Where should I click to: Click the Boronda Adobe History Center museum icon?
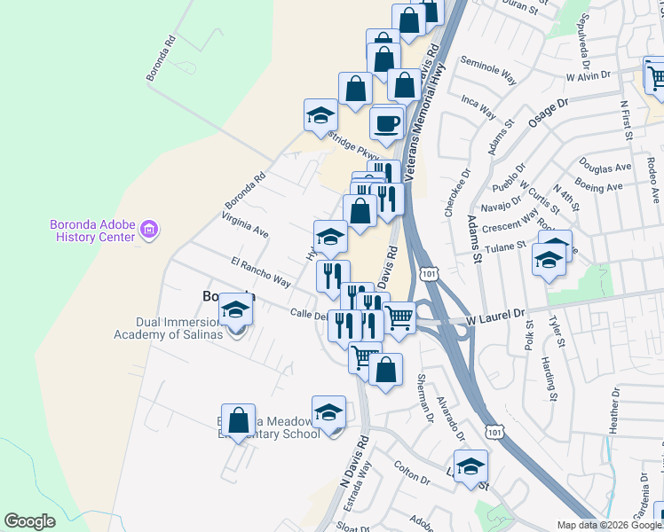coord(148,231)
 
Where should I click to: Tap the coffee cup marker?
coord(386,123)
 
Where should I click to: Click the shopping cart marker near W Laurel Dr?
coord(399,316)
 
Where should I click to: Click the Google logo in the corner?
coord(29,521)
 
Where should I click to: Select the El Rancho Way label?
coord(260,272)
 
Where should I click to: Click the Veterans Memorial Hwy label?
coord(424,115)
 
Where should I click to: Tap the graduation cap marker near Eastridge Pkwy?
coord(320,115)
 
